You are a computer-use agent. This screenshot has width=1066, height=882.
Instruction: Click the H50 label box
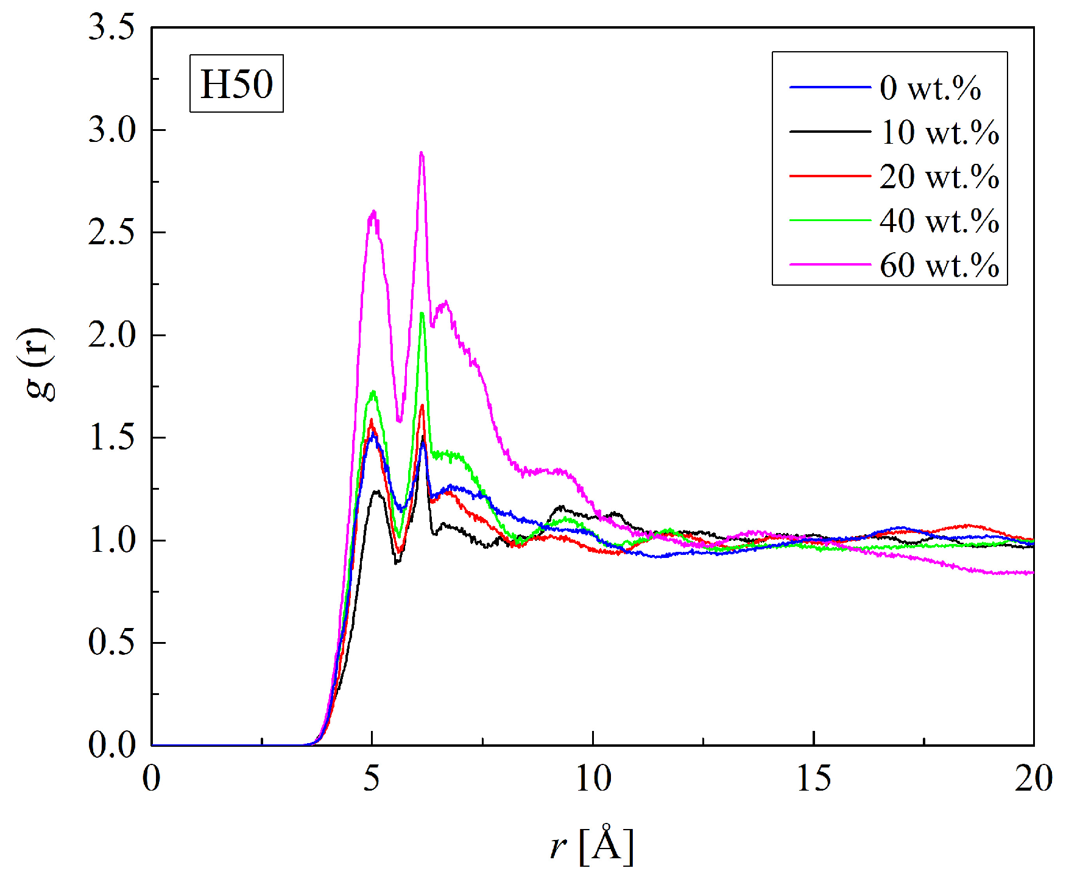pos(236,83)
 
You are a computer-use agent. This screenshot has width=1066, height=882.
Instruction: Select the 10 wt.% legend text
pos(939,132)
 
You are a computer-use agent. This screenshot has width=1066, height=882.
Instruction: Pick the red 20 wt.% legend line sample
pos(830,176)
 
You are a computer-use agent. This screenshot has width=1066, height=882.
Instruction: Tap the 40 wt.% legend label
pos(939,220)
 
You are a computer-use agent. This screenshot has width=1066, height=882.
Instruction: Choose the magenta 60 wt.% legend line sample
pos(830,264)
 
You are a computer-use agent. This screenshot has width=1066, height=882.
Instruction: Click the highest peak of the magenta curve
pos(422,153)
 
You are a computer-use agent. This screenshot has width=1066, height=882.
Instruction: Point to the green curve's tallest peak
pos(422,314)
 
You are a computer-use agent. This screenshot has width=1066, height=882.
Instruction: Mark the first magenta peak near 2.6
pos(373,213)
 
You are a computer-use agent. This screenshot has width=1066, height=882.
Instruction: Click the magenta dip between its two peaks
pos(400,420)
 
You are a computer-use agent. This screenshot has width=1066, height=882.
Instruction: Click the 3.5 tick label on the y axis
pos(111,28)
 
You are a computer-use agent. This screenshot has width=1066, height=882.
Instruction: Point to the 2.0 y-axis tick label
pos(111,335)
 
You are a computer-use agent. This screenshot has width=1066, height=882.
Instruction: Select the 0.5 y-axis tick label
pos(111,643)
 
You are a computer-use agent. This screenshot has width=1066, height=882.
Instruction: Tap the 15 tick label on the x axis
pos(813,779)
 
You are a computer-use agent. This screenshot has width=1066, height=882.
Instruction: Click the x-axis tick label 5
pos(372,779)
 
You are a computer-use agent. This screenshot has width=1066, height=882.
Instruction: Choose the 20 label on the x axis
pos(1033,779)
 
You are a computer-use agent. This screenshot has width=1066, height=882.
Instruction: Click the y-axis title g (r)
pos(40,364)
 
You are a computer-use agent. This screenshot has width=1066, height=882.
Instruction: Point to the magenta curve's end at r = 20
pos(1032,573)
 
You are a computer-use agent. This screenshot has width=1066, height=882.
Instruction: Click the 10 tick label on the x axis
pos(593,779)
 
